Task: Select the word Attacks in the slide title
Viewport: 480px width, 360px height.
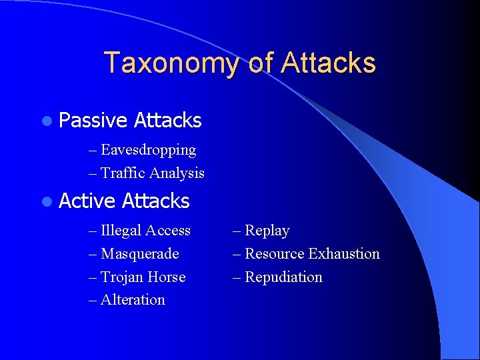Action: tap(328, 63)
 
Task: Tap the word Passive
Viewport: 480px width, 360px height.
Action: tap(93, 121)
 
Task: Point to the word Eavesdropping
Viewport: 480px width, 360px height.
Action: tap(148, 150)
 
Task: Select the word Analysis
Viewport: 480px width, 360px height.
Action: tap(177, 173)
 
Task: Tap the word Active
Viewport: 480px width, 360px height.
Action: tap(88, 201)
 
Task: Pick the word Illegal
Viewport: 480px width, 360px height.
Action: tap(121, 231)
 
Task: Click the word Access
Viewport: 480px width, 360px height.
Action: tap(167, 231)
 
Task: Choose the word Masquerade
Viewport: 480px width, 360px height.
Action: tap(139, 254)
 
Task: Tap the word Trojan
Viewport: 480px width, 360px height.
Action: tap(122, 277)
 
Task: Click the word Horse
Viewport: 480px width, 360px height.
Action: tap(167, 277)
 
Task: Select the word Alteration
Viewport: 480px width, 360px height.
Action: tap(133, 300)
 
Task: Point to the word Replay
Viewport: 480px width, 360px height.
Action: tap(267, 231)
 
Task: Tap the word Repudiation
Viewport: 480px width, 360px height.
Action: tap(283, 277)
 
